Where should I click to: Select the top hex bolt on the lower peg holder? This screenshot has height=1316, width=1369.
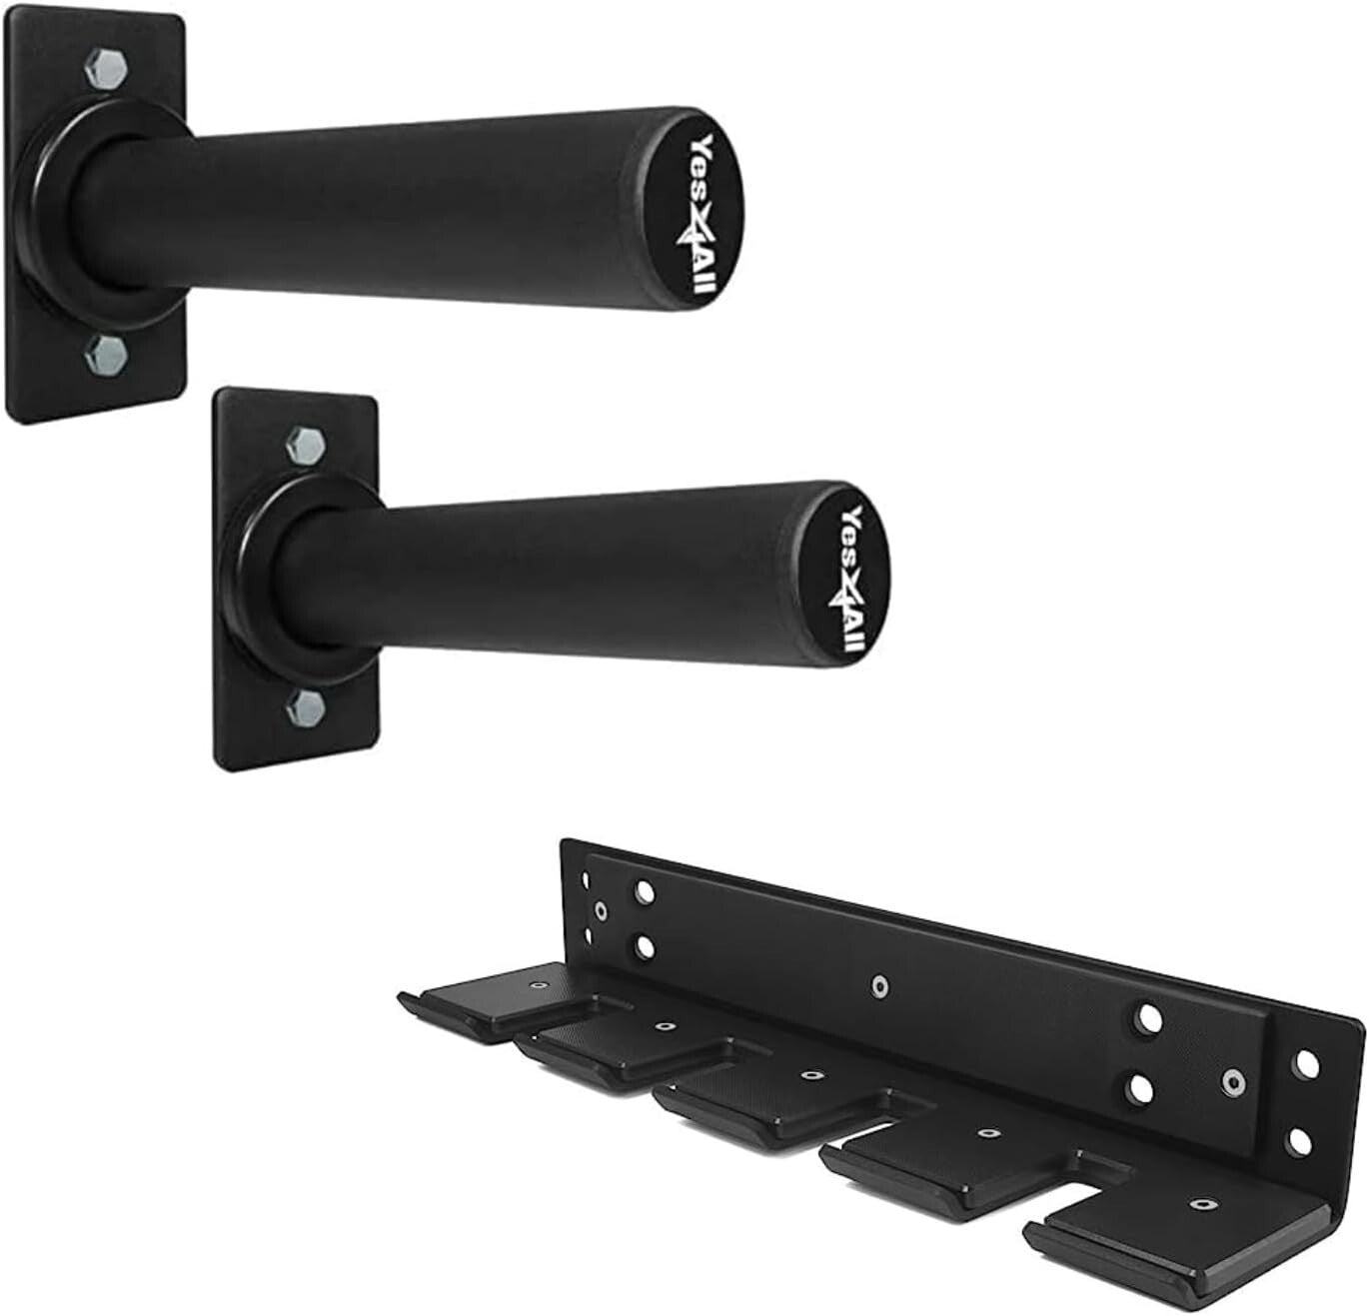pos(304,444)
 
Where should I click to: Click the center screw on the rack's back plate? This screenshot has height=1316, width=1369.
pos(878,986)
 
